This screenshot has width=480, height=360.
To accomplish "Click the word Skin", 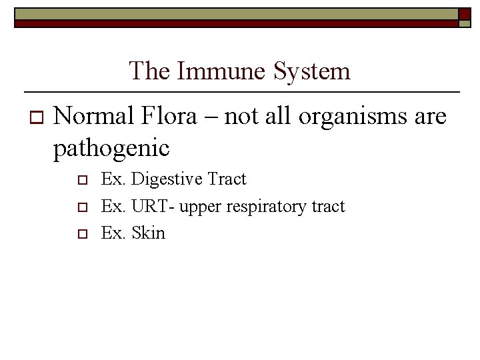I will pyautogui.click(x=149, y=233).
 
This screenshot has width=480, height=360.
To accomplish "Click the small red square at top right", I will pyautogui.click(x=465, y=13).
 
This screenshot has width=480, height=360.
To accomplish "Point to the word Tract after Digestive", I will pyautogui.click(x=227, y=179).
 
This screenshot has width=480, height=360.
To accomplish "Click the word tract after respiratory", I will pyautogui.click(x=328, y=207).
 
